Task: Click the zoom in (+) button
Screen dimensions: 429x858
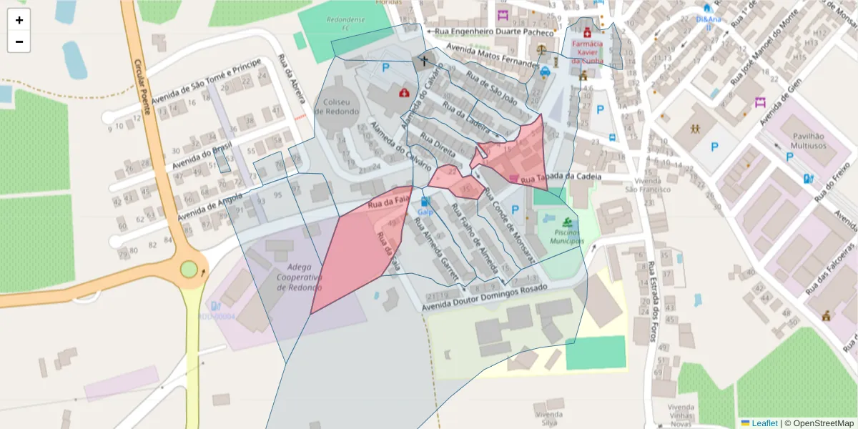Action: [x=19, y=20]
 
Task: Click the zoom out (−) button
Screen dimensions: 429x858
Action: [x=19, y=42]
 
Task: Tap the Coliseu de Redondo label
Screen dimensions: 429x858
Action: [x=340, y=107]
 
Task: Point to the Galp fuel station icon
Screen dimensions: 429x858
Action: [x=426, y=202]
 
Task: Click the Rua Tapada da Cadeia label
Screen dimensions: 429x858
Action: [x=558, y=177]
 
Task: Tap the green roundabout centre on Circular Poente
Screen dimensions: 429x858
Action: [x=189, y=269]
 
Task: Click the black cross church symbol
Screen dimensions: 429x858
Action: [x=423, y=61]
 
